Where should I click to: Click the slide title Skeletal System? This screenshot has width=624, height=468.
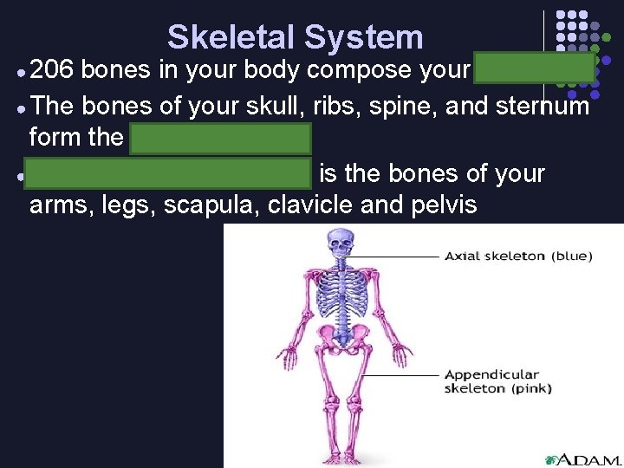pyautogui.click(x=295, y=37)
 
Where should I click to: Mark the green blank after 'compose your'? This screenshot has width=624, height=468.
pyautogui.click(x=534, y=69)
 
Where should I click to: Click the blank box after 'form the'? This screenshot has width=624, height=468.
pyautogui.click(x=220, y=138)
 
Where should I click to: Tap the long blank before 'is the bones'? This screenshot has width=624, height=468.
pyautogui.click(x=167, y=172)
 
